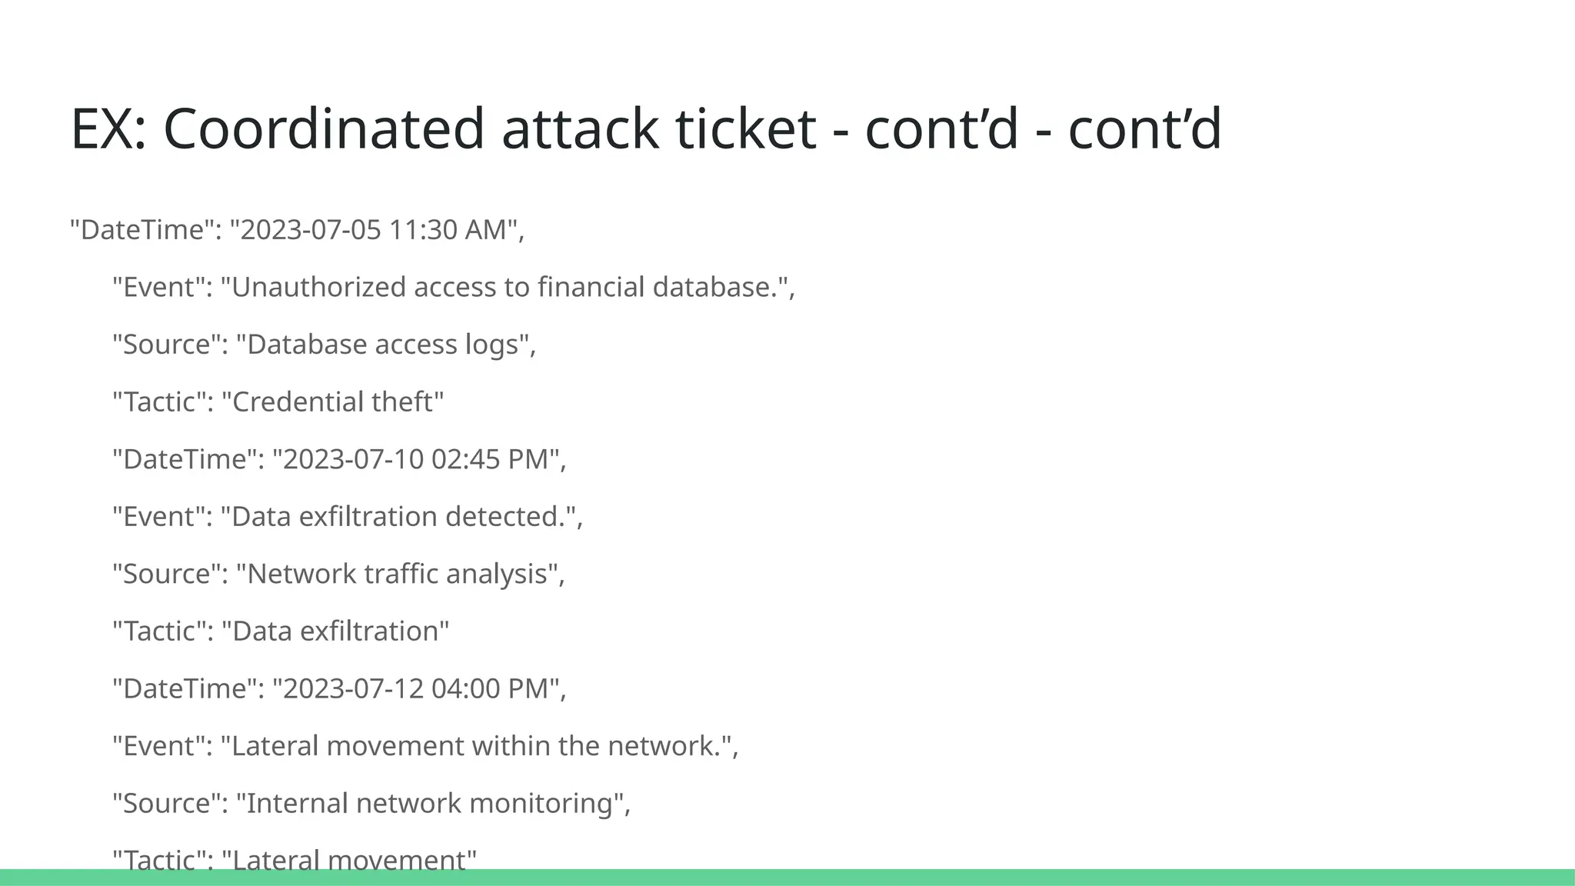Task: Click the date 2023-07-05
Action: click(x=311, y=230)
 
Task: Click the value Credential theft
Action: click(x=332, y=401)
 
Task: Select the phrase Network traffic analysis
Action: click(x=397, y=574)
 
